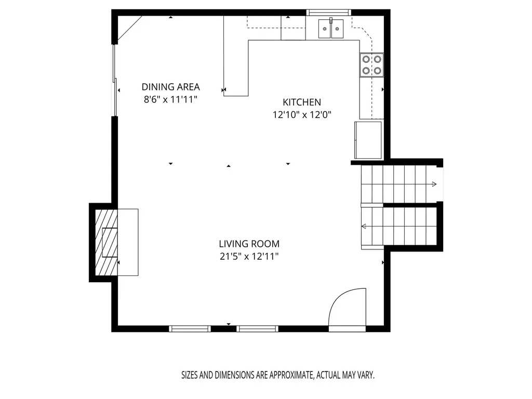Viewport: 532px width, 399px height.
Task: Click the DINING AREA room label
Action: coord(170,87)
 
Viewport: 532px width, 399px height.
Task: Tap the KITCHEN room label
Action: coord(302,102)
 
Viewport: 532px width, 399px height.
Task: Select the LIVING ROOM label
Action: coord(249,244)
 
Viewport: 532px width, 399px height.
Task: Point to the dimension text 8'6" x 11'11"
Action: coord(170,100)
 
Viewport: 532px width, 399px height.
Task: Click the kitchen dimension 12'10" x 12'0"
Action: coord(302,115)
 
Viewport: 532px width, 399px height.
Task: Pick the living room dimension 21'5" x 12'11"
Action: coord(249,257)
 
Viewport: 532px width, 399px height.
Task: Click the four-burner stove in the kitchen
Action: coord(371,65)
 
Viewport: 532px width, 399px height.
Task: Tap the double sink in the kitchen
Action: coord(331,29)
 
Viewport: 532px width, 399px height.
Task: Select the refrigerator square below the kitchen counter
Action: coord(368,140)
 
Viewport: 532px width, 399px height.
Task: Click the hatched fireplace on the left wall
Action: coord(106,242)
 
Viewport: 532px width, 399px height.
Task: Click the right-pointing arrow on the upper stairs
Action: coord(434,184)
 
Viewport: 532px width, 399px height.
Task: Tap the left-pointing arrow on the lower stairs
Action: coord(364,227)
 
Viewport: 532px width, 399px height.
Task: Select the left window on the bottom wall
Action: coord(190,328)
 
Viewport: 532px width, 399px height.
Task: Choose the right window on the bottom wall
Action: coord(257,328)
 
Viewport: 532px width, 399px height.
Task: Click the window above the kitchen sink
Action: coord(328,12)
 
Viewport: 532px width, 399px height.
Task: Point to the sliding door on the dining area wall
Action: coord(115,81)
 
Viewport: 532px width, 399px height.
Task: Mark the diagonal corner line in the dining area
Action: coord(129,30)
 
